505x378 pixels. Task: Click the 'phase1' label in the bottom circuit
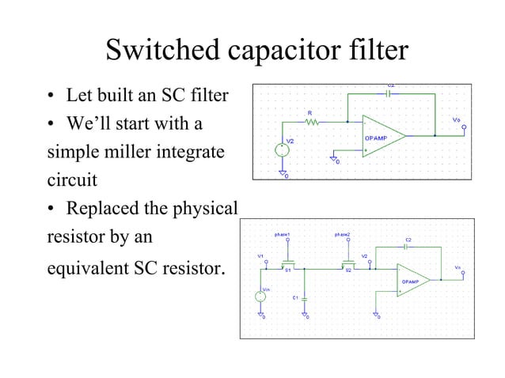(x=283, y=235)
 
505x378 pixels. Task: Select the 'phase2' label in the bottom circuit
(x=344, y=235)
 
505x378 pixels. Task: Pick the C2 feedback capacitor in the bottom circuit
(x=405, y=246)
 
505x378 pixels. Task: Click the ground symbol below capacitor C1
(x=305, y=315)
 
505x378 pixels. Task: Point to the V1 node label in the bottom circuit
(x=260, y=256)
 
